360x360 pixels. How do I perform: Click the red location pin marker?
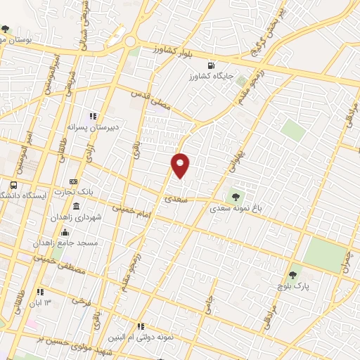[181, 165]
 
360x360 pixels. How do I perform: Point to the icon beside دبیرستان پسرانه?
[92, 116]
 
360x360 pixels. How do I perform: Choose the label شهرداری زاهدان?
[76, 217]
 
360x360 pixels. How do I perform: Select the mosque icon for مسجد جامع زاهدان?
[65, 233]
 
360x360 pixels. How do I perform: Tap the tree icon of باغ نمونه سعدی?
[235, 197]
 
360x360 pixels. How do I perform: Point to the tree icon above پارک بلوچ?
[292, 274]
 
